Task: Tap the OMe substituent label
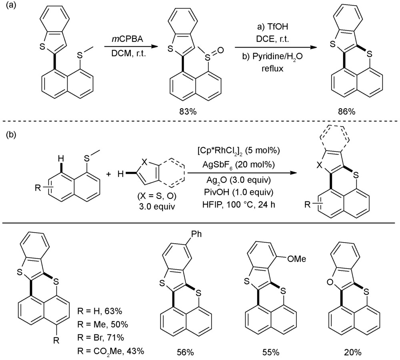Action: [298, 259]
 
